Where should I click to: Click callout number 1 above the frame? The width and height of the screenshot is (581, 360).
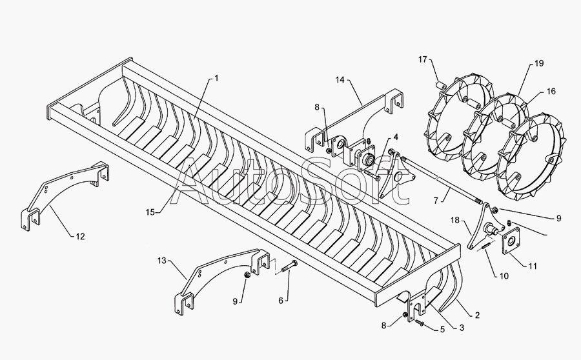[x=216, y=79]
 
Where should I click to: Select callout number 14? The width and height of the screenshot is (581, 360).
[x=340, y=79]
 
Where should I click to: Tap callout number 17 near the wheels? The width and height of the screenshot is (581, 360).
[x=423, y=59]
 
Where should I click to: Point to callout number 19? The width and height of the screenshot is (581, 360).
[x=539, y=63]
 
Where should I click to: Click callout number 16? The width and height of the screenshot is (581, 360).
[x=551, y=91]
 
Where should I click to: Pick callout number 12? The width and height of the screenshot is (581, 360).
[x=81, y=236]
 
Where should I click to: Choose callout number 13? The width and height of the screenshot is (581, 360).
[x=162, y=261]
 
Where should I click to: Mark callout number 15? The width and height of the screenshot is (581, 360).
[x=150, y=212]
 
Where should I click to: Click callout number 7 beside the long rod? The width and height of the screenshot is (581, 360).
[x=436, y=201]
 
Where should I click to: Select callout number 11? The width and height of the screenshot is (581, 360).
[x=533, y=266]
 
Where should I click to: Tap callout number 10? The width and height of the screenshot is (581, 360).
[x=504, y=276]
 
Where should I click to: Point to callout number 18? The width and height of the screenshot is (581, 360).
[x=455, y=221]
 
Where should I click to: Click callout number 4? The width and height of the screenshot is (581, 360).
[x=396, y=137]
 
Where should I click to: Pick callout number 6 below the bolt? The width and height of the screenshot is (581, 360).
[x=281, y=301]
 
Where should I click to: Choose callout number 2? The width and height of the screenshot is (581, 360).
[x=477, y=315]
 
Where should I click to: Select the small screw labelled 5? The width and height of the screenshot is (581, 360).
[x=420, y=323]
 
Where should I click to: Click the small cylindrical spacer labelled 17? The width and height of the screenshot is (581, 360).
[x=440, y=86]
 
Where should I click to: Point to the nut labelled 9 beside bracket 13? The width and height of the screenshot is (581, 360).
[x=247, y=275]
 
